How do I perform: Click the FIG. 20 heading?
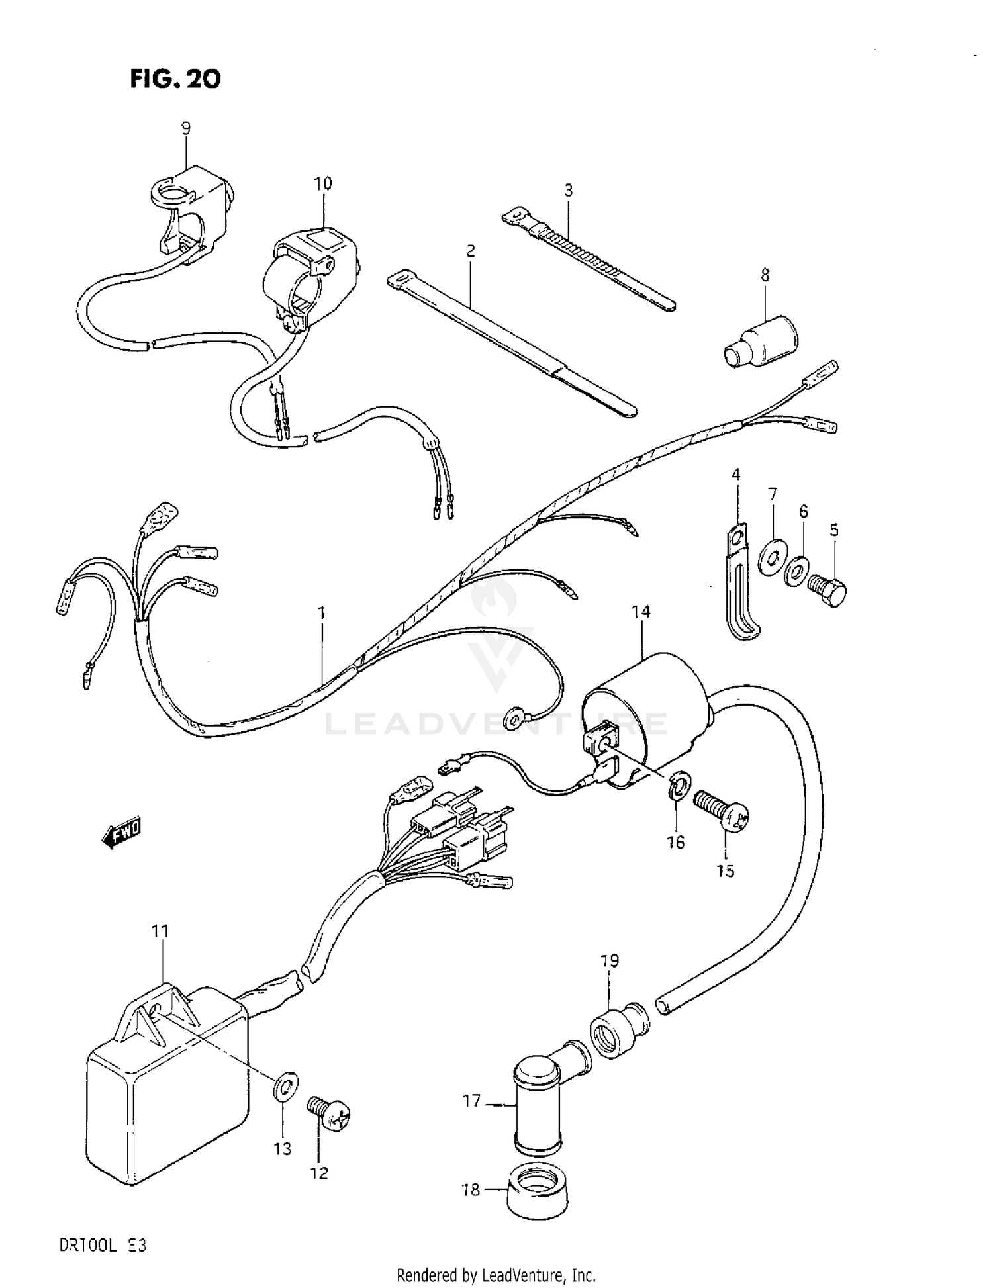pos(175,79)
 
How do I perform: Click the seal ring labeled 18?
pos(537,1193)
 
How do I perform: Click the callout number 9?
pos(186,128)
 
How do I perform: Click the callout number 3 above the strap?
pos(568,191)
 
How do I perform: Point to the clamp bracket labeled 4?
pos(737,582)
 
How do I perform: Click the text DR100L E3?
pos(103,1246)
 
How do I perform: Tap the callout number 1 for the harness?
pos(322,613)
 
